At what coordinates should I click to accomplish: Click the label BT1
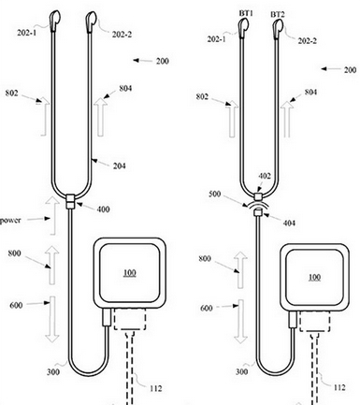[x=246, y=13]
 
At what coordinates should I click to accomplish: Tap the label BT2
[x=278, y=14]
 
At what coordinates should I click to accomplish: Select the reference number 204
[x=120, y=166]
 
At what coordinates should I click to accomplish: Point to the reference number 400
[x=103, y=210]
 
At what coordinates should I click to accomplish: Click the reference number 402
[x=265, y=176]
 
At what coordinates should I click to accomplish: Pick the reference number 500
[x=214, y=195]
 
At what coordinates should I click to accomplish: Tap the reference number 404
[x=289, y=223]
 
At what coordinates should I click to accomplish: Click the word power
[x=10, y=221]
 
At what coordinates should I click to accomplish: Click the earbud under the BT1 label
[x=243, y=28]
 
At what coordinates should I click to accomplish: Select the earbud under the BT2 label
[x=278, y=30]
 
